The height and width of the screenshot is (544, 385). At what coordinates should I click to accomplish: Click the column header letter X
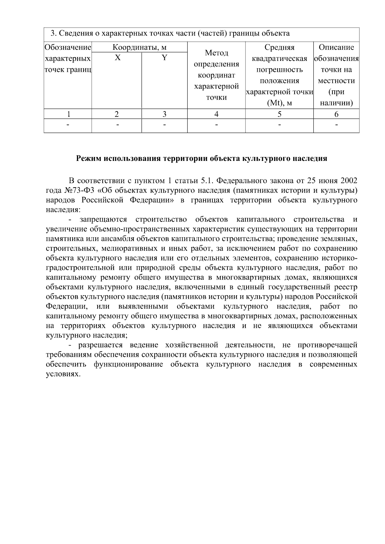tap(118, 58)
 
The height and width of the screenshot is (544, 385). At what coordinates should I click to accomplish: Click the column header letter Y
tap(164, 58)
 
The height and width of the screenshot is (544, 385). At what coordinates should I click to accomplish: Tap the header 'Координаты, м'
tap(140, 48)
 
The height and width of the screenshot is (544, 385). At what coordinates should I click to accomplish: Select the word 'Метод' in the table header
tap(216, 53)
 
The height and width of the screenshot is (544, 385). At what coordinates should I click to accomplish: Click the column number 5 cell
tap(279, 114)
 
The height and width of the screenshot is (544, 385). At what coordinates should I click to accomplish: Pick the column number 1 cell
tap(68, 114)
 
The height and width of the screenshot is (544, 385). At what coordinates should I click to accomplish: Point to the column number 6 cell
tap(336, 114)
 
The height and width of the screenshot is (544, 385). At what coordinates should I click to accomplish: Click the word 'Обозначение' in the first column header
tap(68, 48)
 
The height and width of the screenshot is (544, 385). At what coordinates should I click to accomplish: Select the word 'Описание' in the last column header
tap(336, 48)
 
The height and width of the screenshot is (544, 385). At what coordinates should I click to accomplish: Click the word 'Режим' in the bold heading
tap(88, 159)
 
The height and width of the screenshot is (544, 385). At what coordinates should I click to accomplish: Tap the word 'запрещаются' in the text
tap(103, 220)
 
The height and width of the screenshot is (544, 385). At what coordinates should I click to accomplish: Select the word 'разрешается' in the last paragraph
tap(100, 345)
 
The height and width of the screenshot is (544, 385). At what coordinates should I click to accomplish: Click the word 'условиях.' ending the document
tap(62, 374)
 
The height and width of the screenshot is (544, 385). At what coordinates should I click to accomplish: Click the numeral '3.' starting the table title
tap(54, 33)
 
